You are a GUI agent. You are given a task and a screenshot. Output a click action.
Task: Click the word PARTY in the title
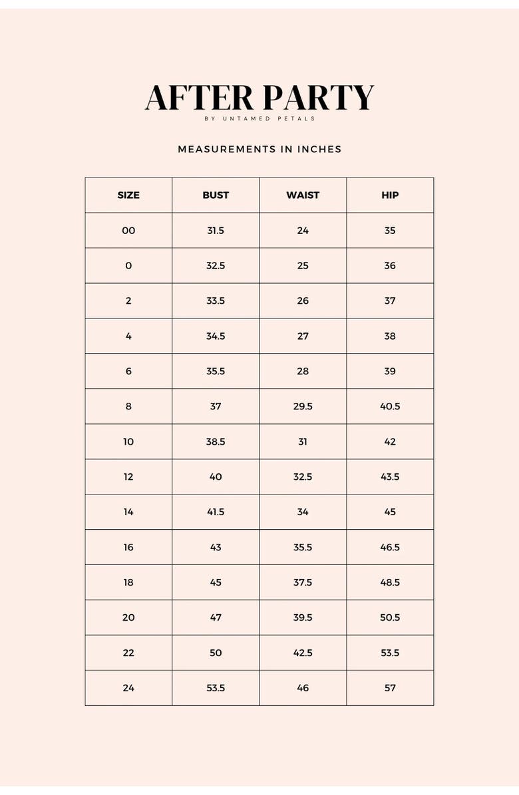tap(317, 98)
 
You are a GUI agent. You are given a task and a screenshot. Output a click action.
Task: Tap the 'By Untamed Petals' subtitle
tap(259, 119)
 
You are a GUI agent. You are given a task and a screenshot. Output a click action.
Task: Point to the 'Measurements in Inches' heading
tap(259, 150)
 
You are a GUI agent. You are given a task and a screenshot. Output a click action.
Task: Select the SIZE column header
tap(128, 195)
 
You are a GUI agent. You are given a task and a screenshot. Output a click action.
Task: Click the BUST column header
tap(216, 195)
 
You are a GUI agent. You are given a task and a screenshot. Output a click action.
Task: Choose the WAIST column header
tap(303, 195)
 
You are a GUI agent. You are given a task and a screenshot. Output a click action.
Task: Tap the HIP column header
tap(390, 195)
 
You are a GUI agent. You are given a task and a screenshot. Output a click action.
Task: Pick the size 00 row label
tap(128, 231)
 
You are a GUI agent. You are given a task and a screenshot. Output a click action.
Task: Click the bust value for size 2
tap(216, 301)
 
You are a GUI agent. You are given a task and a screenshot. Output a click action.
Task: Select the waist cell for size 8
tap(303, 406)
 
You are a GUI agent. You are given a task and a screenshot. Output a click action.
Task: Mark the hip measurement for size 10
tap(390, 441)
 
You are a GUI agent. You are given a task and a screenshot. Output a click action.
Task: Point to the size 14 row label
tap(128, 512)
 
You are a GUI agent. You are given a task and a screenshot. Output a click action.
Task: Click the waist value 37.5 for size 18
tap(303, 582)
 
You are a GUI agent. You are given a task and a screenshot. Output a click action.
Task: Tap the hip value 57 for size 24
tap(390, 688)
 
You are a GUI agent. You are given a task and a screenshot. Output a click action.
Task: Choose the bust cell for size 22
tap(216, 653)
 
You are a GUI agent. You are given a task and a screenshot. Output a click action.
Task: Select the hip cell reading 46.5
tap(390, 547)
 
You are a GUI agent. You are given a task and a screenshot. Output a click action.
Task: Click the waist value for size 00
tap(303, 231)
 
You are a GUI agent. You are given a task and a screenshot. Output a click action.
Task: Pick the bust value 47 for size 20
tap(216, 618)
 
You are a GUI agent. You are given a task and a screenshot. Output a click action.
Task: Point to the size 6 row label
tap(128, 371)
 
